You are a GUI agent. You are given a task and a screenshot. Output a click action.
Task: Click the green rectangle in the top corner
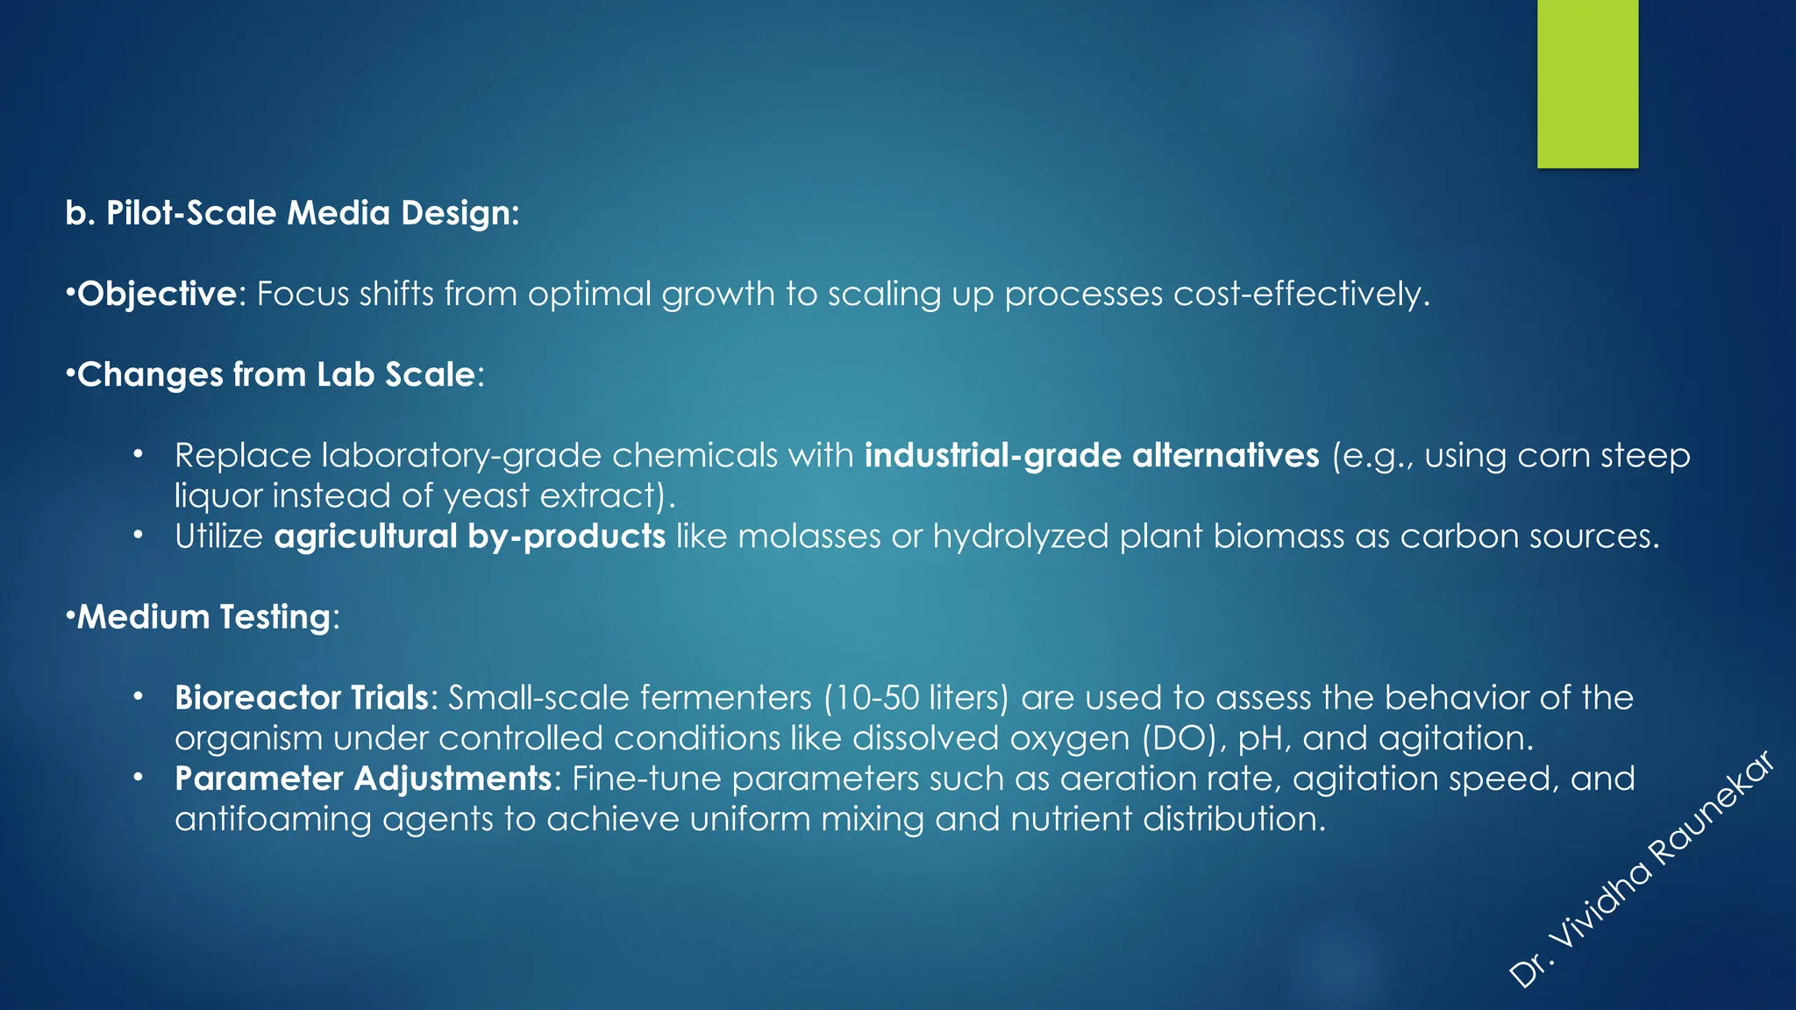click(x=1587, y=83)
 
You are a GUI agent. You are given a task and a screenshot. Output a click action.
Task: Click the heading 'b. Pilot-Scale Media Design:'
click(x=292, y=213)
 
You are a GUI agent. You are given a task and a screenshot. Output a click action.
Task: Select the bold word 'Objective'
click(x=157, y=294)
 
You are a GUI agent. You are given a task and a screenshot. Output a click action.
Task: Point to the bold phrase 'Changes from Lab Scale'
click(x=275, y=374)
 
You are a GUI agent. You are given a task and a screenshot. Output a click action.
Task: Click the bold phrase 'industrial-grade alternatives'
click(x=1091, y=455)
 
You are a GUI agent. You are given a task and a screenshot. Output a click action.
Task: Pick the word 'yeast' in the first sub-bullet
click(x=487, y=496)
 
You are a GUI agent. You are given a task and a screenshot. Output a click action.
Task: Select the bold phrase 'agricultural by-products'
click(x=469, y=536)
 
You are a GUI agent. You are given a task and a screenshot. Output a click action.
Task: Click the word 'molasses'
click(x=809, y=536)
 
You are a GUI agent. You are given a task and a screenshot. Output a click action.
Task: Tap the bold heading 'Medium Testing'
click(x=203, y=616)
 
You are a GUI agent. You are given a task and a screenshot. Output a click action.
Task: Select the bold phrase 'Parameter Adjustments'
click(x=363, y=779)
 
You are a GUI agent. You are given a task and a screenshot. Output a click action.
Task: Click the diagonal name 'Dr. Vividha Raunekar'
click(x=1642, y=870)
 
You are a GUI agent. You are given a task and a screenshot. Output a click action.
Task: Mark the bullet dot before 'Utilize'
click(x=138, y=535)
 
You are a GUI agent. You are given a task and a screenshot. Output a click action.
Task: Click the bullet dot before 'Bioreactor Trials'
click(x=138, y=697)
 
